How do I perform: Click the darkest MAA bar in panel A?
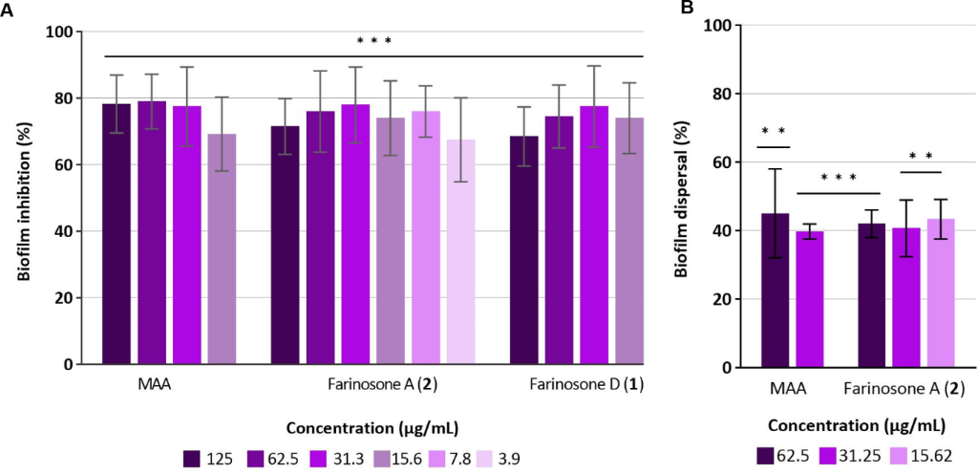tap(117, 234)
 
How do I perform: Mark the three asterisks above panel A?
tap(374, 41)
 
